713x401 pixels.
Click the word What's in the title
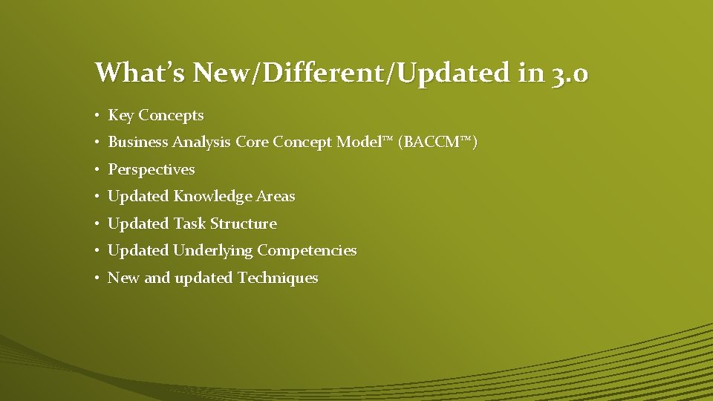(140, 73)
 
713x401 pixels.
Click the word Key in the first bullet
(121, 115)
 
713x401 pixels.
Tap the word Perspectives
(152, 169)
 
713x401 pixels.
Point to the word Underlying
(212, 251)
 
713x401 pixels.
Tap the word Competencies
(307, 251)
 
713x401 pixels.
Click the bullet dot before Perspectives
(98, 170)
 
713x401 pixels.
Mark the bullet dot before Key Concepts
(98, 116)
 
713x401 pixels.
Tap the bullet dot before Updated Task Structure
(98, 224)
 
